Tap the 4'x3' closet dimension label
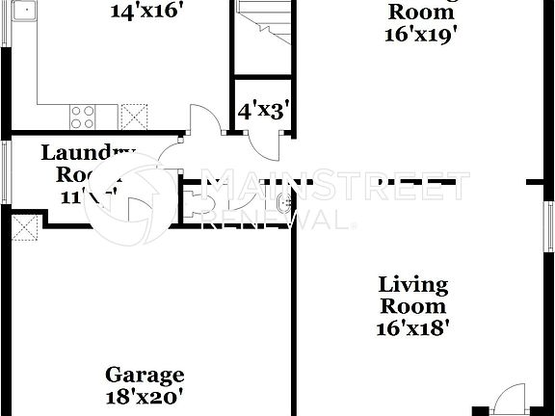(x=259, y=111)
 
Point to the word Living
(x=412, y=285)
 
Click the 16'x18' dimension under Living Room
(x=413, y=326)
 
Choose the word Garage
(x=145, y=375)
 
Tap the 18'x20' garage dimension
(x=145, y=395)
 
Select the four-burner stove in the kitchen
(x=83, y=117)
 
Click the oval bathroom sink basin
(x=282, y=202)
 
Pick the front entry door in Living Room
(x=508, y=400)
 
